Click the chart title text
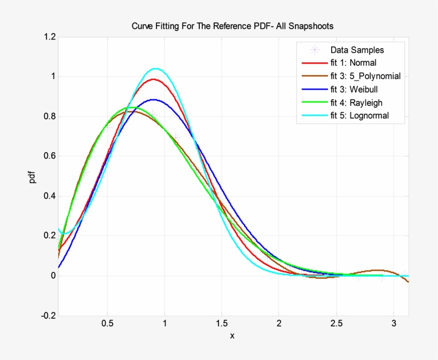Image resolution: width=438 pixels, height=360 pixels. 232,26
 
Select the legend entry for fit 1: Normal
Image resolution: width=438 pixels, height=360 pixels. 353,63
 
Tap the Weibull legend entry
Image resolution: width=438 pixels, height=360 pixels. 355,89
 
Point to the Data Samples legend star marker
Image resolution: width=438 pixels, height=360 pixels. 315,50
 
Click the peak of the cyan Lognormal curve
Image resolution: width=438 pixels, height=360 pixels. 155,68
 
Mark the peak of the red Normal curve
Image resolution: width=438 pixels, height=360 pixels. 154,79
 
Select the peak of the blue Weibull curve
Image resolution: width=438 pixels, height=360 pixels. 154,99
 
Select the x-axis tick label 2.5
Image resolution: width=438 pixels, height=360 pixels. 336,323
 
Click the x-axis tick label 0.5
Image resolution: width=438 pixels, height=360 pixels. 107,323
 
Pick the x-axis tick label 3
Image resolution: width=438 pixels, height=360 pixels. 394,323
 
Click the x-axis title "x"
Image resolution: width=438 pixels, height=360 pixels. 232,336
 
